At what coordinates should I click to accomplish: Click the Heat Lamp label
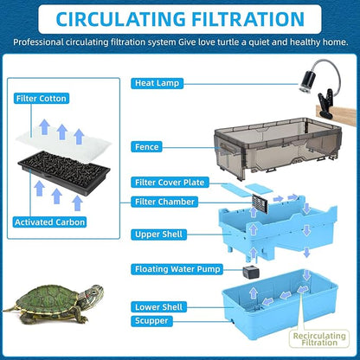point(157,83)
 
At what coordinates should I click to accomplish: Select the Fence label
point(148,147)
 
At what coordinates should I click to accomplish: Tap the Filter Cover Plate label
point(169,183)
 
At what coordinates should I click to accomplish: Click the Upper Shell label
point(158,235)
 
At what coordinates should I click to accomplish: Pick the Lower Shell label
point(157,306)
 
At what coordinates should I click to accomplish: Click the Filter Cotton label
point(42,99)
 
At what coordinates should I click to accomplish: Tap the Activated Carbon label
point(49,222)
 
